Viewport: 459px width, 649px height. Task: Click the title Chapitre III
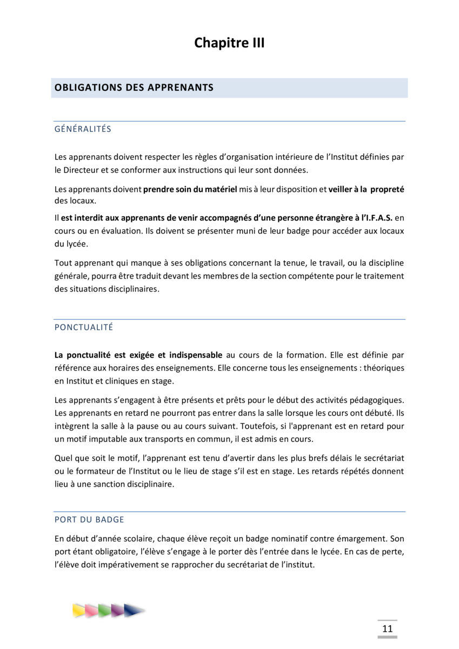point(229,43)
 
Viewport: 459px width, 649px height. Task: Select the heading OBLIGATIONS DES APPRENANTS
point(134,88)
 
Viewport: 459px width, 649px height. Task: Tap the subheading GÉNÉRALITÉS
point(83,129)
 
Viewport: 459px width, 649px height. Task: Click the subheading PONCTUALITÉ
point(84,327)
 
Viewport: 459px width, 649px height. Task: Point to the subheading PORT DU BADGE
point(89,520)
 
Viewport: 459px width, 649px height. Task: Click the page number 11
point(387,628)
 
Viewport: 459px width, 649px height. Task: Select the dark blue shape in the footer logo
point(133,611)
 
